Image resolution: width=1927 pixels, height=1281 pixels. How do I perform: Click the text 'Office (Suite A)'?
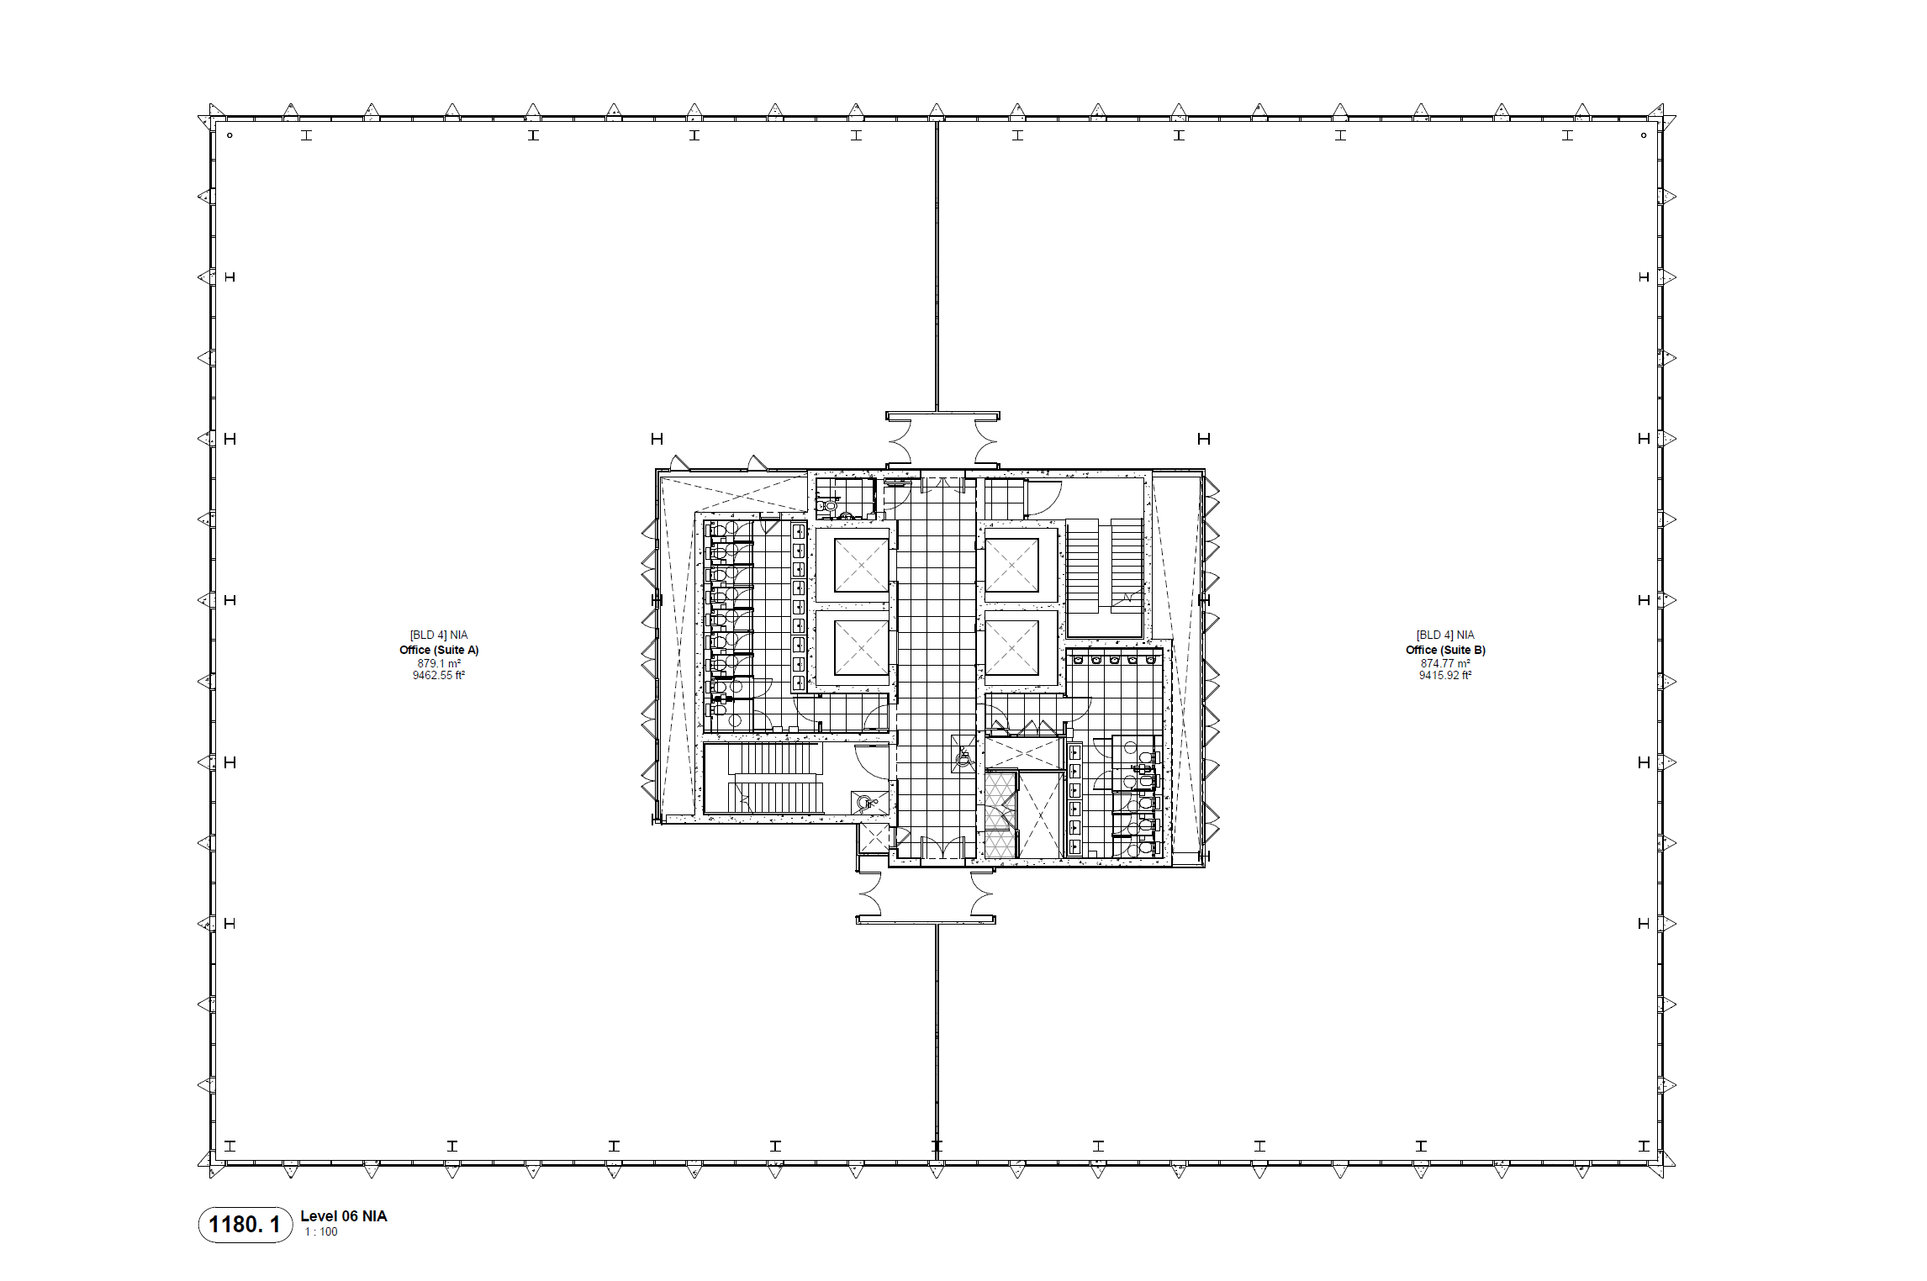pos(439,650)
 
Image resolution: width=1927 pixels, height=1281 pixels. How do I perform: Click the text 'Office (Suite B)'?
pos(1445,650)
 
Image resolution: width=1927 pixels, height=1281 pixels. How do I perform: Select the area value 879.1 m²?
pos(439,663)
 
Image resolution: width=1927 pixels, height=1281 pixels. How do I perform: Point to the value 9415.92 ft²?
pos(1445,675)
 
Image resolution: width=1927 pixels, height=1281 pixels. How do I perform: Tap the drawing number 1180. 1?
pos(244,1225)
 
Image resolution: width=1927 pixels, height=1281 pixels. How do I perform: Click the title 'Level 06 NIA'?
pos(344,1216)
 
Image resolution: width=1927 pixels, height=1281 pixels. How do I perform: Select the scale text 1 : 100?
pos(321,1232)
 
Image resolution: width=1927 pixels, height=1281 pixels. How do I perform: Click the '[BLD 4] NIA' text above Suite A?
pos(439,635)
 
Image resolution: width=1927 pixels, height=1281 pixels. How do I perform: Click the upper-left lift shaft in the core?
pos(861,565)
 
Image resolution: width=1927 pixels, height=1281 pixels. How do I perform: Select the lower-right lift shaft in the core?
pos(1011,648)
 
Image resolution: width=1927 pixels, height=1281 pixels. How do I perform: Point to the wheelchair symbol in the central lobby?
pos(963,755)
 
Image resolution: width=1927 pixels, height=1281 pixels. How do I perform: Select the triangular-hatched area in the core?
pos(1000,814)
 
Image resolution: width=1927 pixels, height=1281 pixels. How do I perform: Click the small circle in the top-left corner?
pos(230,135)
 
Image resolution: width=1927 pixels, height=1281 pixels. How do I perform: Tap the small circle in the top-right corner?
pos(1644,135)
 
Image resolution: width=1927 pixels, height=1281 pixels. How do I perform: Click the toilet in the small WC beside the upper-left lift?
pos(828,505)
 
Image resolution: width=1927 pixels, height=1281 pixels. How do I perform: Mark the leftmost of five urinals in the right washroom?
pos(1078,660)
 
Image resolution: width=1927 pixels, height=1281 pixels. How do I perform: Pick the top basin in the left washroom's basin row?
pos(799,531)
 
